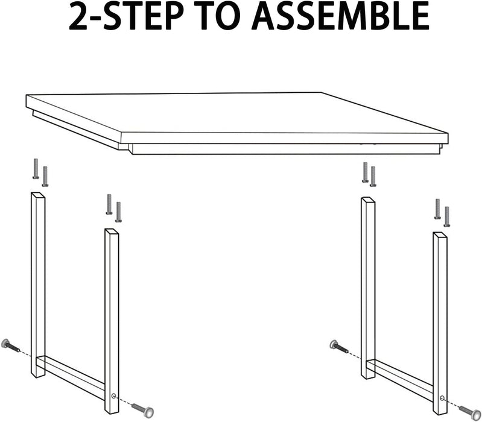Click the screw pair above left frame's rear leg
click(40, 172)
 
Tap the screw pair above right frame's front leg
click(442, 212)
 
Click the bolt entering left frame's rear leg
click(10, 345)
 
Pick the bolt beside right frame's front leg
click(470, 411)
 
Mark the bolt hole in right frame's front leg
click(443, 397)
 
